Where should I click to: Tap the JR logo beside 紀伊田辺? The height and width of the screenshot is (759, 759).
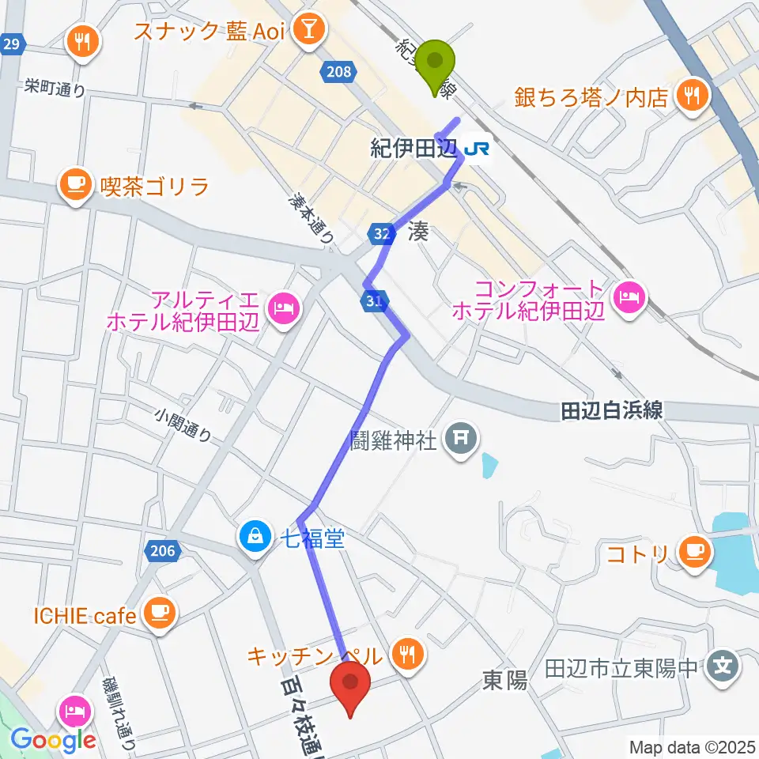(477, 148)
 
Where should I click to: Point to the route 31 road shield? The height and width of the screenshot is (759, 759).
(374, 300)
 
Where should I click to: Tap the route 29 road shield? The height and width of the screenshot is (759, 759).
(10, 44)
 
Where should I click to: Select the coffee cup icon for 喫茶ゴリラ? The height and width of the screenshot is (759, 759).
(76, 186)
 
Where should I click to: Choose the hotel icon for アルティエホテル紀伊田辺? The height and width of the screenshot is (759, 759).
(282, 306)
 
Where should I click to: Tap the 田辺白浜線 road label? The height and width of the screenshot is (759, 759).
(611, 410)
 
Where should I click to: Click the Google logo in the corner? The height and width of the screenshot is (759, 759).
(53, 740)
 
